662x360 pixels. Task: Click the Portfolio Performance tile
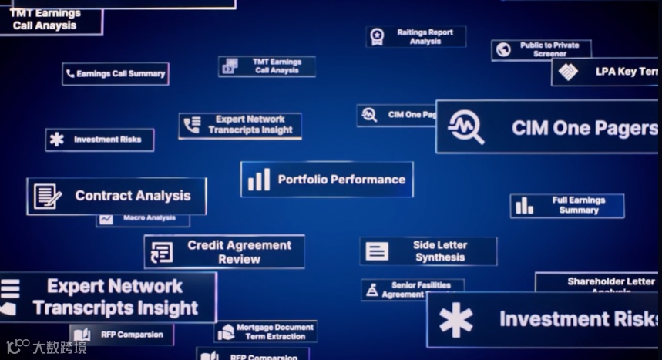(327, 180)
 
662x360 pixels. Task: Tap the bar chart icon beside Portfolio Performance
(259, 180)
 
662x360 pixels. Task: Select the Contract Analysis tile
(116, 196)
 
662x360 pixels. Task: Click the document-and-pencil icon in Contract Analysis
(47, 196)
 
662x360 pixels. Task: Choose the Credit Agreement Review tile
(224, 252)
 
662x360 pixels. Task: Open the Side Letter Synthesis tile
(428, 251)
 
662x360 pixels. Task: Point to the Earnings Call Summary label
(120, 74)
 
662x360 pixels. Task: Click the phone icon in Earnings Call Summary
(71, 74)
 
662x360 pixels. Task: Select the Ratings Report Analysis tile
(416, 37)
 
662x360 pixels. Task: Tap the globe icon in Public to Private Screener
(504, 50)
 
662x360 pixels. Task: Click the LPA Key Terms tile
(606, 72)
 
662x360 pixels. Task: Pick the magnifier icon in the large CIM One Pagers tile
(465, 126)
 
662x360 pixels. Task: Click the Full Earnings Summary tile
(567, 205)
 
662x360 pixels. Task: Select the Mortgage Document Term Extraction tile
(266, 331)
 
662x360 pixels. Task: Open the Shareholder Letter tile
(596, 282)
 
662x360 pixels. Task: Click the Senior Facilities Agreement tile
(413, 290)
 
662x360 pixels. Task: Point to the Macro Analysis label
(149, 219)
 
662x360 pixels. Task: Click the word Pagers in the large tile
(621, 128)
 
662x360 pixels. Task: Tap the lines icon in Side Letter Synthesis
(377, 251)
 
